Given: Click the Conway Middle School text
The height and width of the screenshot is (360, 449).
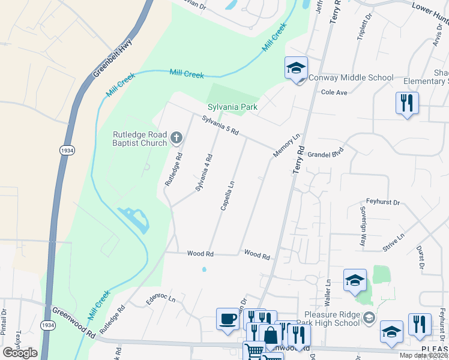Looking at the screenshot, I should [351, 78].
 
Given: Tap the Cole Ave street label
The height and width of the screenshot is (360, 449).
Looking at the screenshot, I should [334, 92].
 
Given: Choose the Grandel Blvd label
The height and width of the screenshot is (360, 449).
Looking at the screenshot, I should [325, 154].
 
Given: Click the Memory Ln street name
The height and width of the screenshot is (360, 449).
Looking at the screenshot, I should [286, 146].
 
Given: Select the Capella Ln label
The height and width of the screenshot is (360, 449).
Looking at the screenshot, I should [226, 194].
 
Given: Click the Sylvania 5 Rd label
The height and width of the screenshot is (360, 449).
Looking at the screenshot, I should [220, 124].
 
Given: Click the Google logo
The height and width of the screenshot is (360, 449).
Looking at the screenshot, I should [20, 353].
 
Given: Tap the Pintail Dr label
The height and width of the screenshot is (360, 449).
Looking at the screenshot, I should [4, 322].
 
